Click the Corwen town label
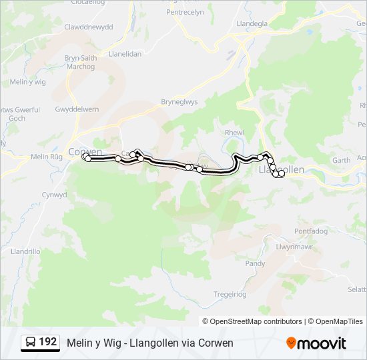[85, 151]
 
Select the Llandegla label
[252, 23]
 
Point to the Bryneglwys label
[179, 102]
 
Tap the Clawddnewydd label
[88, 27]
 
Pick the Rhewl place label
[235, 132]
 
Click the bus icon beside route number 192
[31, 342]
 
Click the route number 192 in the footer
[48, 342]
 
